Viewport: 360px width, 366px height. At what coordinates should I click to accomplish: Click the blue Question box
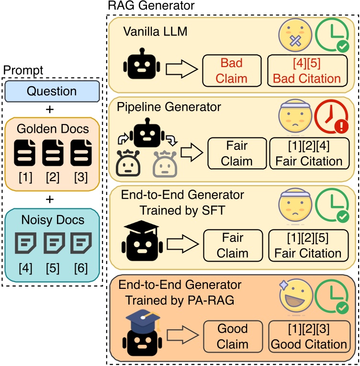(52, 91)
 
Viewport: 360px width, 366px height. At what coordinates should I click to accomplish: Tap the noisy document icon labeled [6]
(79, 243)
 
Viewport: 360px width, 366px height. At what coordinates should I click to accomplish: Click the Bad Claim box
(232, 70)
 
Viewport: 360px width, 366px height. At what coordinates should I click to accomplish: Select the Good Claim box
(233, 336)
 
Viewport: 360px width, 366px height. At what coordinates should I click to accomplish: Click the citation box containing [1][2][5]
(306, 245)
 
